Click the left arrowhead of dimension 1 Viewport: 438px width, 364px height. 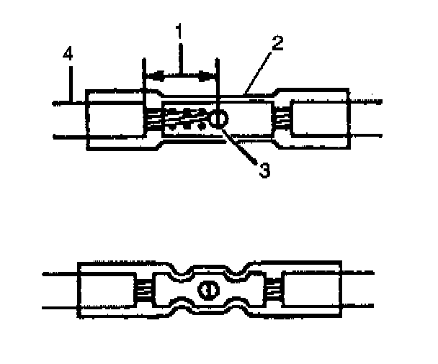pos(149,74)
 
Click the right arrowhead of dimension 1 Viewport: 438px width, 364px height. pos(213,74)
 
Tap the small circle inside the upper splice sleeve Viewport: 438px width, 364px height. pos(219,117)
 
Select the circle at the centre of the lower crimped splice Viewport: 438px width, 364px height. pos(207,290)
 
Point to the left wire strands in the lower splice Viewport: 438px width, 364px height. pos(143,291)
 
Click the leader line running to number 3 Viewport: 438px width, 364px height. pos(242,147)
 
